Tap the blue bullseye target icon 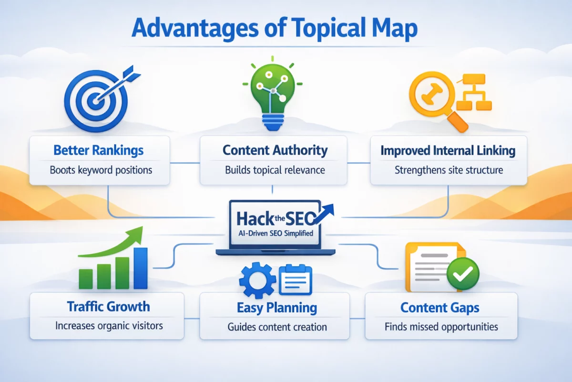(x=96, y=100)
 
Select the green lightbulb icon (x=273, y=94)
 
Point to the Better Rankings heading (x=99, y=150)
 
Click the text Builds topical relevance (x=275, y=170)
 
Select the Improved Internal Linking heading (x=448, y=150)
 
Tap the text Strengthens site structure (x=449, y=170)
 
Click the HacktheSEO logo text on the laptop (x=276, y=219)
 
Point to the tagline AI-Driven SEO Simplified (x=276, y=233)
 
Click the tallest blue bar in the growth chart (x=141, y=268)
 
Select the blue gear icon (x=257, y=280)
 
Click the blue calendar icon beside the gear (x=296, y=280)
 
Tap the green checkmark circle (x=463, y=274)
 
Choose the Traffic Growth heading (x=108, y=307)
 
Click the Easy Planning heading (x=277, y=308)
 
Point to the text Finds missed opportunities (x=441, y=327)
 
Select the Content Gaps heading (x=439, y=308)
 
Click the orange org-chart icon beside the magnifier (x=474, y=92)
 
